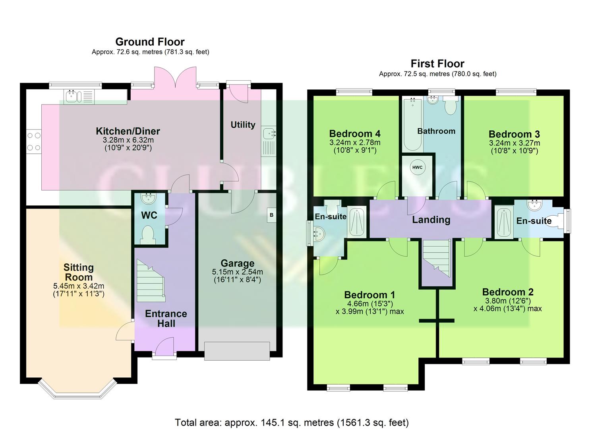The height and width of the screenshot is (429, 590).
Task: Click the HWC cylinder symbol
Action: point(417,167)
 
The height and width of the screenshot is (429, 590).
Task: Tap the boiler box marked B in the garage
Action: point(271,215)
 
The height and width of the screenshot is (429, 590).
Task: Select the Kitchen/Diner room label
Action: point(128,131)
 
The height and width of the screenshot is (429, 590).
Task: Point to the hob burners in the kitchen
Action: point(34,141)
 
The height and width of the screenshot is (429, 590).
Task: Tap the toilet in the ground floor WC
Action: point(149,234)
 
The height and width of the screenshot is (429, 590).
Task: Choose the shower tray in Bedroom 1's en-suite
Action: point(357,222)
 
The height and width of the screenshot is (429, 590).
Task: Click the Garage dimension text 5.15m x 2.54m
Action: point(238,272)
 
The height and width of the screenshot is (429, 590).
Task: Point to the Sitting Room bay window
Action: point(77,389)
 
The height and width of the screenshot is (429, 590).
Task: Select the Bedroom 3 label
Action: point(514,134)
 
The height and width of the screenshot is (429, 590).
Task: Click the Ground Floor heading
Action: point(150,42)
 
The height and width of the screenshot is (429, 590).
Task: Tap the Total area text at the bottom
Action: point(292,423)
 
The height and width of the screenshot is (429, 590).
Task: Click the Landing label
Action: point(431,220)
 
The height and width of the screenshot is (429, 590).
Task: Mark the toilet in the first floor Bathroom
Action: point(451,106)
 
